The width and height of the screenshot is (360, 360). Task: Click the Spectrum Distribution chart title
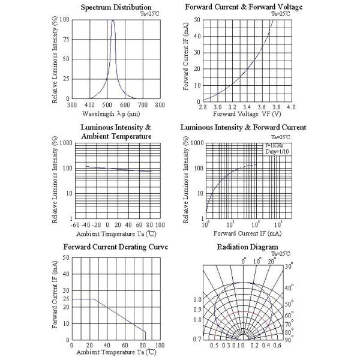coord(116,7)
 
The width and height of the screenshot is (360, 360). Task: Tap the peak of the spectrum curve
coord(113,20)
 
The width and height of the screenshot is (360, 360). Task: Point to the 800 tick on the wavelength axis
coord(160,104)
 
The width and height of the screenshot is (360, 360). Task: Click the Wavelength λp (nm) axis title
coord(112,113)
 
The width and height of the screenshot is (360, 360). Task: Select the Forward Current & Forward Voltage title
coord(244,7)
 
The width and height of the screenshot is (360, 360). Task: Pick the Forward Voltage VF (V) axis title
coord(247,113)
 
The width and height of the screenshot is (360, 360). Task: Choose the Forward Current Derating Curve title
coord(116,247)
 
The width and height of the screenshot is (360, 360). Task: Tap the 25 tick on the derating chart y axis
coord(66,299)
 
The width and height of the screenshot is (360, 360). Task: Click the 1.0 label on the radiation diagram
coord(197,299)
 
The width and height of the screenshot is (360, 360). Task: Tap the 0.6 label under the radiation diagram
coord(278,347)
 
